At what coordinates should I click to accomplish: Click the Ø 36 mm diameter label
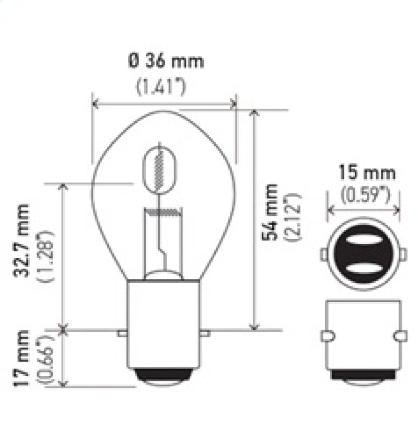click(x=165, y=62)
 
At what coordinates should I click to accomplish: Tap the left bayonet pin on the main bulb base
click(x=122, y=333)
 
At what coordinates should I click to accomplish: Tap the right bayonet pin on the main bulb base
click(x=206, y=333)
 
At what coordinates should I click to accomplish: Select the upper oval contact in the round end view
click(x=363, y=242)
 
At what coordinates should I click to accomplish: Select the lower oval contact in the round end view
click(x=363, y=269)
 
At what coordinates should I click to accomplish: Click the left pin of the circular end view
click(x=323, y=255)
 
